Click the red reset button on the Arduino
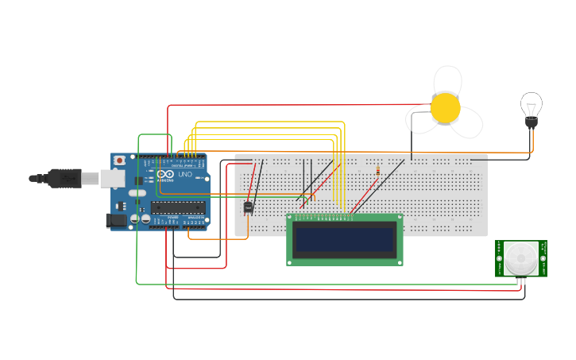[119, 160]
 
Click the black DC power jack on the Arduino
[116, 220]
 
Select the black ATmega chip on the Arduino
[178, 208]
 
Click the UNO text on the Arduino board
[184, 174]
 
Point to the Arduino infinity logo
[166, 174]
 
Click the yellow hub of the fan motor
[445, 108]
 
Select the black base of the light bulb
[531, 122]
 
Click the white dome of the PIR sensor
[521, 257]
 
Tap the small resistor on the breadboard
[377, 170]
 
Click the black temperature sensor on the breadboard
[248, 207]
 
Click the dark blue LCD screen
[344, 239]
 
